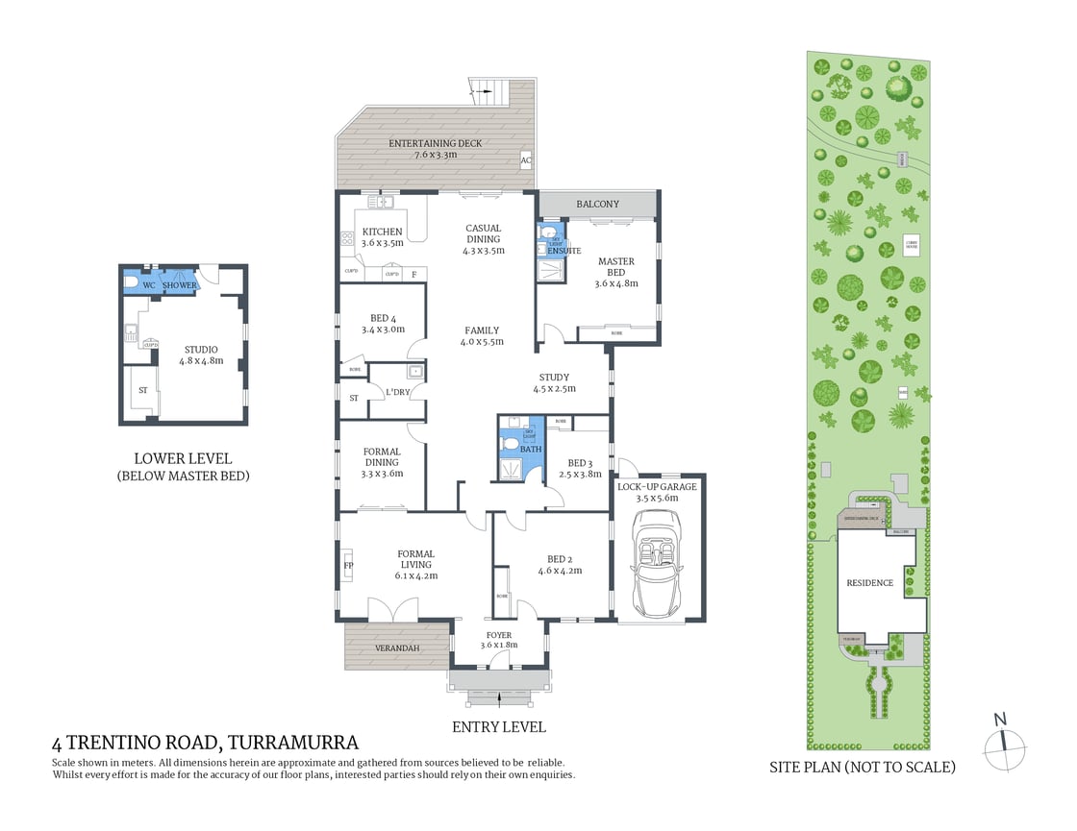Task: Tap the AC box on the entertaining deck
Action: click(526, 160)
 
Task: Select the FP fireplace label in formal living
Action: click(348, 567)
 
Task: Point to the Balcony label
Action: click(597, 205)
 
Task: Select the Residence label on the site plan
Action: click(869, 583)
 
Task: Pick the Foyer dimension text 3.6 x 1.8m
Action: click(499, 645)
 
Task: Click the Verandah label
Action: click(396, 648)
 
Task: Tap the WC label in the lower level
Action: click(149, 285)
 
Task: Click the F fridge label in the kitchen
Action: click(413, 275)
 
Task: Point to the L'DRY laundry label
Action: click(398, 394)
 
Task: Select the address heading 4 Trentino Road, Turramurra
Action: click(205, 742)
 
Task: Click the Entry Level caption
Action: click(498, 726)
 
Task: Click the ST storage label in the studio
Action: click(142, 390)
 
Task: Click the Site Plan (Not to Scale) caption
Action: click(862, 767)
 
